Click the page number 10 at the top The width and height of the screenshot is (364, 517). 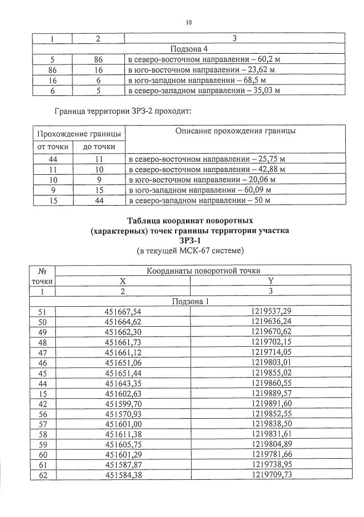click(189, 23)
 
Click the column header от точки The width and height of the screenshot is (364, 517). click(53, 147)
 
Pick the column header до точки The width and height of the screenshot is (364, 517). click(99, 147)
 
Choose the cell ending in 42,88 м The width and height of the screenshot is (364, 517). click(207, 170)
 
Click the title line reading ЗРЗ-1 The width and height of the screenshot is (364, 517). click(189, 241)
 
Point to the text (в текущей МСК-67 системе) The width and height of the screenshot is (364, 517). click(189, 251)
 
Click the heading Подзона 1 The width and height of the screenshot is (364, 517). click(189, 302)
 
